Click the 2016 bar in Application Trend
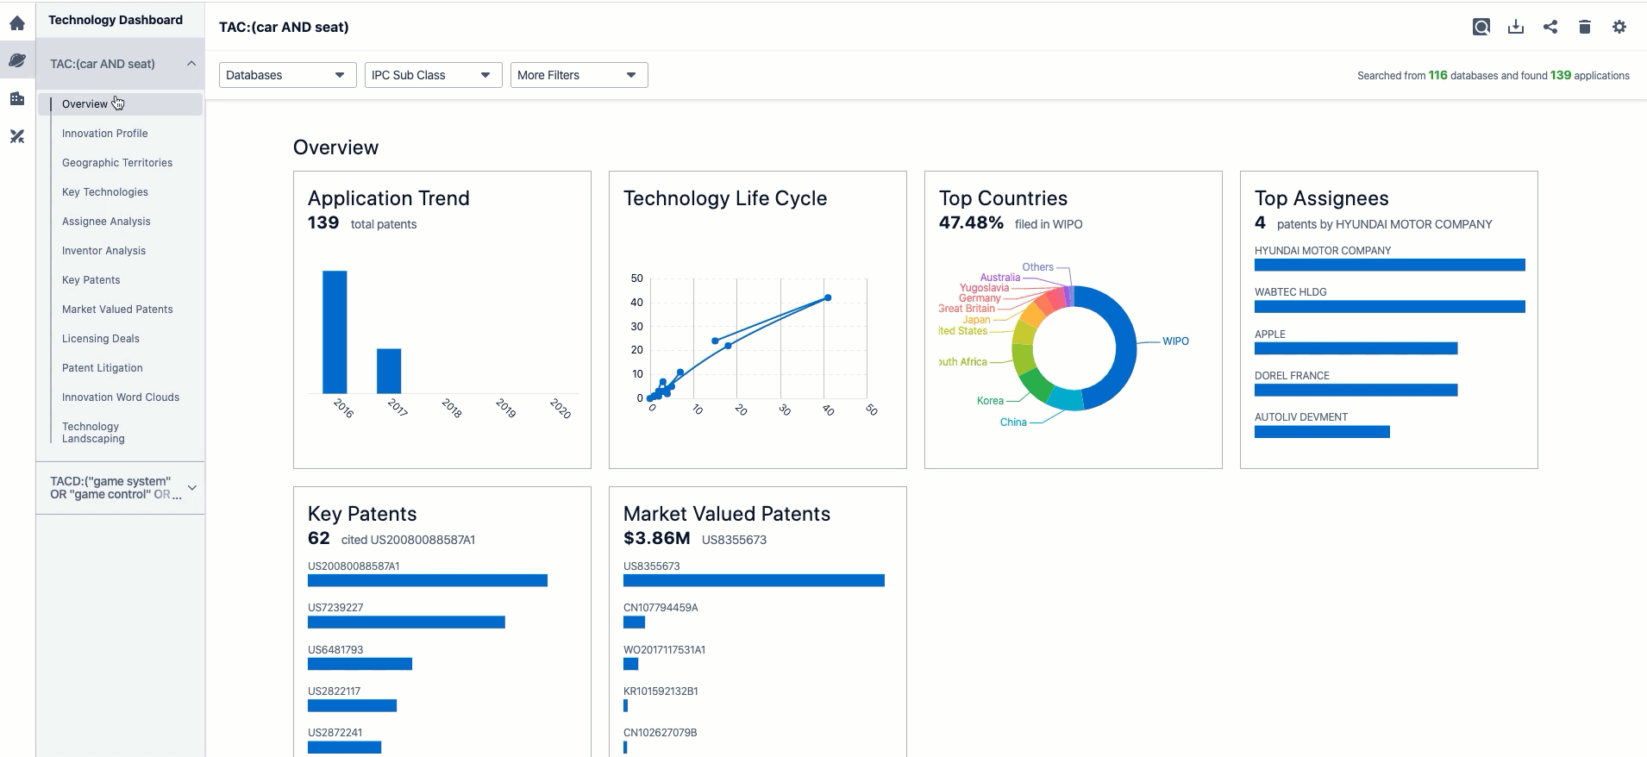(335, 332)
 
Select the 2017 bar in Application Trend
(389, 371)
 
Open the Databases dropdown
(287, 75)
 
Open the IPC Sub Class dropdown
(433, 75)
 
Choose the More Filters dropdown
(579, 75)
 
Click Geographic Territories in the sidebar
(117, 163)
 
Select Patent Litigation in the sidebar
(103, 368)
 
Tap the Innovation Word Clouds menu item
(121, 397)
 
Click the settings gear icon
(1619, 27)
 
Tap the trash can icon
(1585, 27)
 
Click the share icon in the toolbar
(1550, 27)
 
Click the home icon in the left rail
(17, 23)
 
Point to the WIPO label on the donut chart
(1175, 341)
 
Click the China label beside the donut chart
(1013, 422)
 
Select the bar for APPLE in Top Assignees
(1356, 348)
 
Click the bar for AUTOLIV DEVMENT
(1322, 432)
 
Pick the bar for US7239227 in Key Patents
(406, 622)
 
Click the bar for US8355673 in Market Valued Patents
(754, 581)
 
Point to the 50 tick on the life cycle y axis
(637, 278)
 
